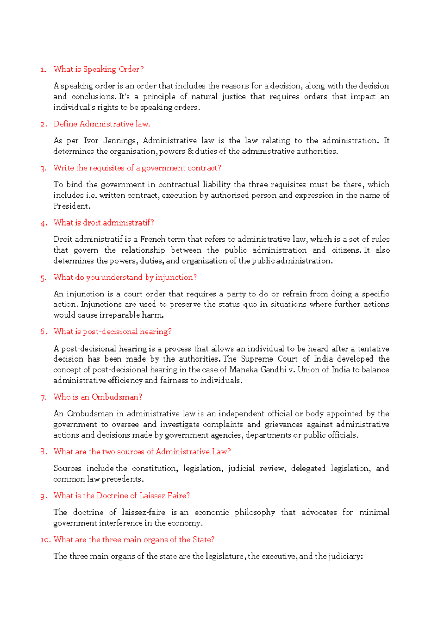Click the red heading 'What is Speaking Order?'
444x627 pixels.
98,69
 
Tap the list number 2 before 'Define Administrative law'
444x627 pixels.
44,125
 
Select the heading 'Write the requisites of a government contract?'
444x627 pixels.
137,168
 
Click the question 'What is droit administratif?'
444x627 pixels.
104,223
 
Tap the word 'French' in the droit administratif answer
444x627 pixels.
152,239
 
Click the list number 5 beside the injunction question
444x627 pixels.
44,278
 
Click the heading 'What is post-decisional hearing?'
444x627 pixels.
112,332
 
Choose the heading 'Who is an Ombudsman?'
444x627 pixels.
98,397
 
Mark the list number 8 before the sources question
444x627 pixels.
44,452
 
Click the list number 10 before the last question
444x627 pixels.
45,540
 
